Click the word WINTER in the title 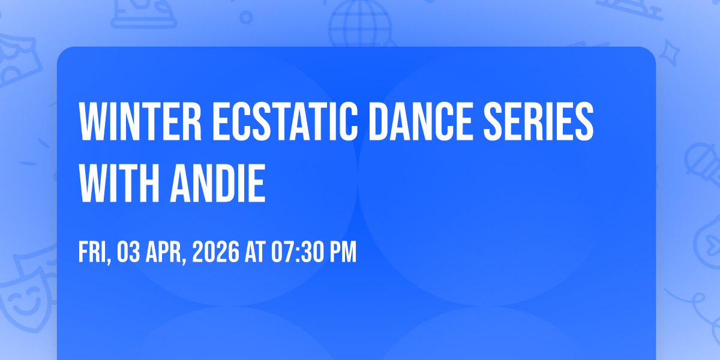click(x=140, y=121)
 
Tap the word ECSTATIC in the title click(x=285, y=121)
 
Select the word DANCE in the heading click(x=421, y=121)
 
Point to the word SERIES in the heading click(x=538, y=121)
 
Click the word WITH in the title click(x=119, y=183)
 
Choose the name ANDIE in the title click(x=218, y=183)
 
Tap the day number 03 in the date click(x=128, y=252)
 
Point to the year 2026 click(x=215, y=252)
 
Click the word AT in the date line click(x=255, y=252)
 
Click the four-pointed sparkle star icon click(x=669, y=53)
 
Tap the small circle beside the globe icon click(x=246, y=17)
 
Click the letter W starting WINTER click(x=92, y=121)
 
